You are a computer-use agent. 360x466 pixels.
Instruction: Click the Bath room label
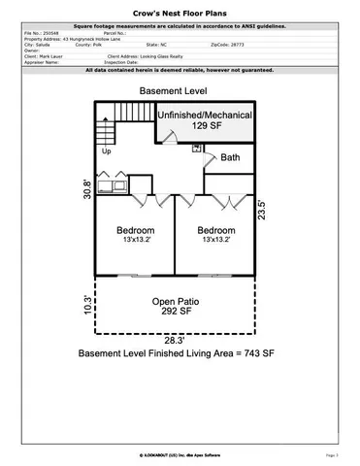click(230, 156)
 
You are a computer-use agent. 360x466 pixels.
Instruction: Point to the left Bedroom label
click(135, 234)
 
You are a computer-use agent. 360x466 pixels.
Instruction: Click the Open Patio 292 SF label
click(176, 307)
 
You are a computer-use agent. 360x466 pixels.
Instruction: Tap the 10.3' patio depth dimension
click(86, 308)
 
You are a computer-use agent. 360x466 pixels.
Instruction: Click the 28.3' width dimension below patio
click(175, 340)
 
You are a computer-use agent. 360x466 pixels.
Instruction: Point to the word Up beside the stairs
click(105, 152)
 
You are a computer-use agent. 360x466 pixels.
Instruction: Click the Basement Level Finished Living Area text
click(176, 355)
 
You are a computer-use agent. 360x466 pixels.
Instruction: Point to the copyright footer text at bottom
click(180, 453)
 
